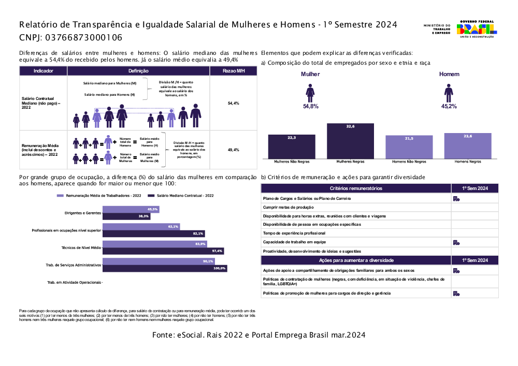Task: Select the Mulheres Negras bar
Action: click(350, 141)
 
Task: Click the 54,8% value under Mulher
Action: click(311, 106)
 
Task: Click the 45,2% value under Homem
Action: click(449, 106)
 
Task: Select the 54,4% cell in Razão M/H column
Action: click(233, 104)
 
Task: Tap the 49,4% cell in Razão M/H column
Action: click(233, 150)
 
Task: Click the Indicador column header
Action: click(43, 71)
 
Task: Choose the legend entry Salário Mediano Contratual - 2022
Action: click(181, 196)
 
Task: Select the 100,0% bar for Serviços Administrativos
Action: click(165, 268)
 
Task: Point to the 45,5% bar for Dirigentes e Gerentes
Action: click(131, 209)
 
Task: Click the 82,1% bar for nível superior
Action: click(153, 233)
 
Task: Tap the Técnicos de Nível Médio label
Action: click(81, 247)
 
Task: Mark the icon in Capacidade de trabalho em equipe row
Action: click(456, 242)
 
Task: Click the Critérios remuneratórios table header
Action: click(356, 188)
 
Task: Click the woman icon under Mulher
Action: click(310, 93)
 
